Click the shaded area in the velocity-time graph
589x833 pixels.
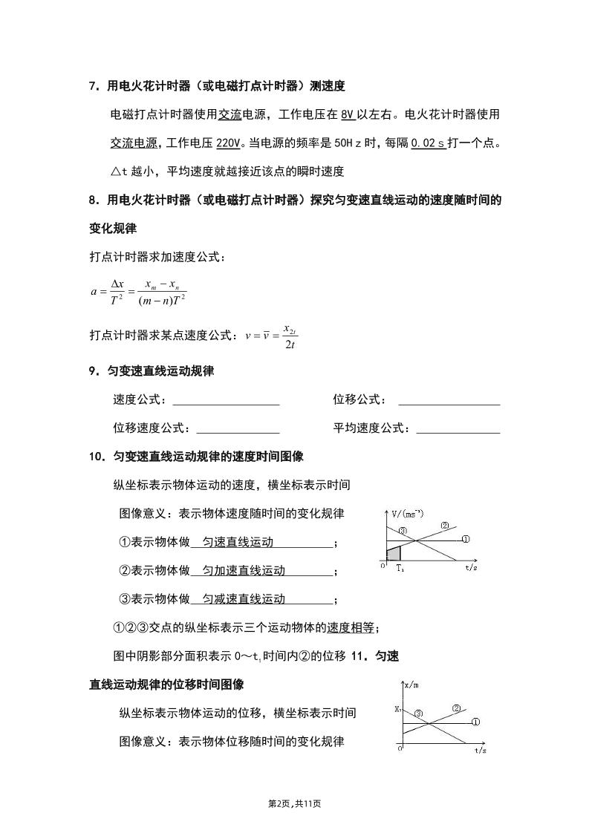tap(394, 553)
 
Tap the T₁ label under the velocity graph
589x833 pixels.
tap(400, 568)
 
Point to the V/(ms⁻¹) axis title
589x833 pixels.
tap(408, 514)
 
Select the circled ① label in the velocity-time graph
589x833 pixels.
tap(466, 539)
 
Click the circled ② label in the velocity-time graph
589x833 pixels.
tap(445, 526)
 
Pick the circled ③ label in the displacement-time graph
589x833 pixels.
tap(419, 714)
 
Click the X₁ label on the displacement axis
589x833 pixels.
tap(397, 710)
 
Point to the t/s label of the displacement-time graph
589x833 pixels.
tap(481, 751)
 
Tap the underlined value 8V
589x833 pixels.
tap(348, 114)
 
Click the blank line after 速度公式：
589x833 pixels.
tap(226, 400)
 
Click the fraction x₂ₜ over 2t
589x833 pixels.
tap(290, 336)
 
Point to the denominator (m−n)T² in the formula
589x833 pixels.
tap(161, 300)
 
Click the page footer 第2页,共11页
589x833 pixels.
tap(294, 803)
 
